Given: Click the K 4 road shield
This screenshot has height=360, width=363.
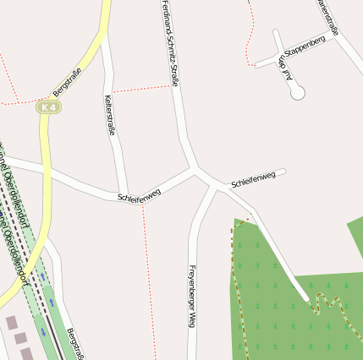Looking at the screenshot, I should pos(49,107).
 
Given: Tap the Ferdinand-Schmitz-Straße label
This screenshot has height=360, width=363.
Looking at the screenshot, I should pos(170,44).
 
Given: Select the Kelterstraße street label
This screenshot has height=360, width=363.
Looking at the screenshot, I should pos(110,116).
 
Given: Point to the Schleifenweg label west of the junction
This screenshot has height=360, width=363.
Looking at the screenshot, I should pos(139,194).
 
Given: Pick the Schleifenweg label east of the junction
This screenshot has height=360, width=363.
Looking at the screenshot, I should pos(254,179).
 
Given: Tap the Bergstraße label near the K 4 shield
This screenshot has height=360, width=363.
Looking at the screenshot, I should pos(67,80).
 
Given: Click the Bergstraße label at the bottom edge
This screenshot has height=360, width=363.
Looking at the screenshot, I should pos(75,342).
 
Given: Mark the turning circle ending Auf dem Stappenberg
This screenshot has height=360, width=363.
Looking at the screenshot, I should pos(297,94).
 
